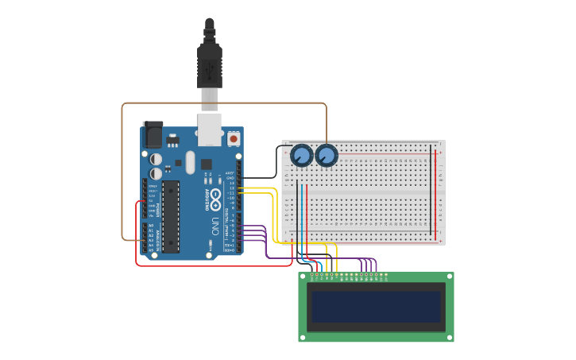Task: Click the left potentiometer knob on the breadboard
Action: coord(301,156)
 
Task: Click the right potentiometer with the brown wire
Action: coord(326,156)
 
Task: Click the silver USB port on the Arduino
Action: coord(209,130)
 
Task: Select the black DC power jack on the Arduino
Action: coord(152,134)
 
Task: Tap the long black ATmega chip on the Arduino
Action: coord(171,216)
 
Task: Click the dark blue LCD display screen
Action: coord(376,306)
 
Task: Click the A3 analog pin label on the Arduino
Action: coord(151,240)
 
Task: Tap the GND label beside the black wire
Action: coord(230,177)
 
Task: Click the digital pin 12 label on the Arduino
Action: coord(230,188)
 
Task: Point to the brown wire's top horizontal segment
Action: coord(222,103)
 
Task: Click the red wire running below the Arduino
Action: coord(215,265)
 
